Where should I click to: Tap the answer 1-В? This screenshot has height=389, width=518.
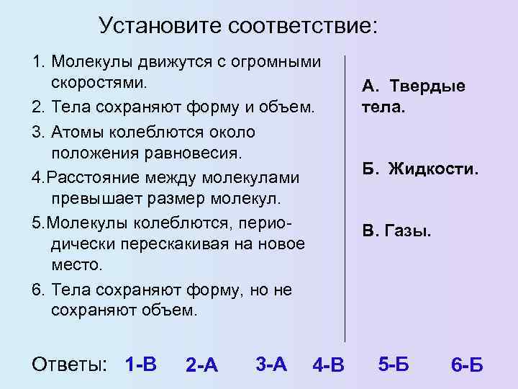(x=140, y=362)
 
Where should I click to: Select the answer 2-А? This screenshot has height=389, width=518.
(x=201, y=365)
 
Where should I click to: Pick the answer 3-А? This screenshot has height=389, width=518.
(x=271, y=363)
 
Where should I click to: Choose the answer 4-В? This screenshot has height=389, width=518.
(x=329, y=366)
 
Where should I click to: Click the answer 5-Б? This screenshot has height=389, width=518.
(x=393, y=364)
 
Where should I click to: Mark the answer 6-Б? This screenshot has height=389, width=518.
(x=467, y=365)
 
